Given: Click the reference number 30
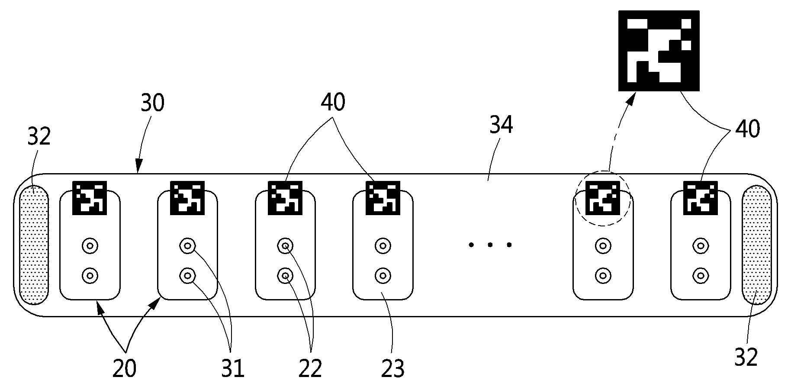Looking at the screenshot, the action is pyautogui.click(x=153, y=103).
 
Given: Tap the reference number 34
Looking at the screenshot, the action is pyautogui.click(x=501, y=125).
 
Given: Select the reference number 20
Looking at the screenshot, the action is pyautogui.click(x=124, y=368).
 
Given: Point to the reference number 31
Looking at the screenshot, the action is pyautogui.click(x=233, y=368).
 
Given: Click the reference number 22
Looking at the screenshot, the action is pyautogui.click(x=310, y=368).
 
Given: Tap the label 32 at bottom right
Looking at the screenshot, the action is pyautogui.click(x=746, y=358).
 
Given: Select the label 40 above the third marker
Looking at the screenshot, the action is pyautogui.click(x=333, y=103).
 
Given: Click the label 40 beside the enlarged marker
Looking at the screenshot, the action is pyautogui.click(x=747, y=129).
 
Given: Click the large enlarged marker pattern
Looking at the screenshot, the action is pyautogui.click(x=659, y=51).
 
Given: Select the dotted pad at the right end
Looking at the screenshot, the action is pyautogui.click(x=756, y=245).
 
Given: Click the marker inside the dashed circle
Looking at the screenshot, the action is pyautogui.click(x=602, y=198).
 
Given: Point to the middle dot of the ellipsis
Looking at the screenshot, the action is pyautogui.click(x=490, y=245).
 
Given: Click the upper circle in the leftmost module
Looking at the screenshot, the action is pyautogui.click(x=90, y=246).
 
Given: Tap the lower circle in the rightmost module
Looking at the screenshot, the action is pyautogui.click(x=700, y=275).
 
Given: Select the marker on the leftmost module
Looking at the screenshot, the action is pyautogui.click(x=90, y=198).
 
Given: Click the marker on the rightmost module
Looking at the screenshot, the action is pyautogui.click(x=700, y=198).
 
